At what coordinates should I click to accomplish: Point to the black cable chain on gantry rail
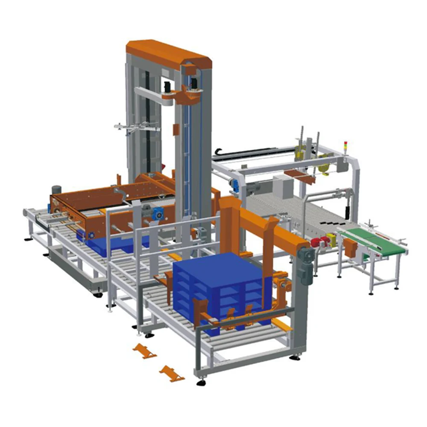[252, 151]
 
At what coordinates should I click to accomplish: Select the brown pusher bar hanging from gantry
[299, 175]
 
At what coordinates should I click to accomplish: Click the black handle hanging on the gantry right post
[347, 209]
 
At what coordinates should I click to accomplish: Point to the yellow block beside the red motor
[331, 240]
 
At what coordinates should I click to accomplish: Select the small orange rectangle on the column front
[175, 129]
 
